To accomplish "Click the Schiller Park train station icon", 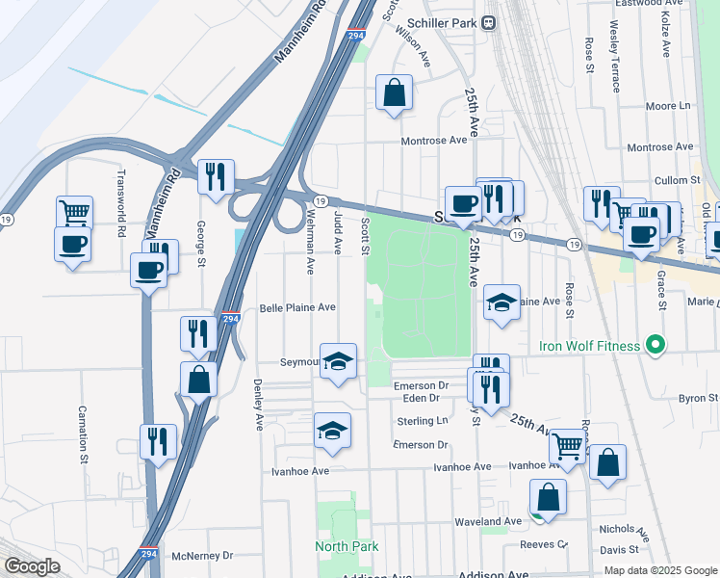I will [489, 22].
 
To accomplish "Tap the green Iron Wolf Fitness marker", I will [656, 345].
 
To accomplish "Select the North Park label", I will [347, 546].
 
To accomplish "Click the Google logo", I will [31, 566].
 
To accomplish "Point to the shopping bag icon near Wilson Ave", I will [394, 93].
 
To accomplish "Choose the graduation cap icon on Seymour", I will [338, 361].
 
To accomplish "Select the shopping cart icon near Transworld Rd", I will [74, 211].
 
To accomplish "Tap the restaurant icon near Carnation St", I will [158, 441].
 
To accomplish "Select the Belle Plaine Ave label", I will [297, 308].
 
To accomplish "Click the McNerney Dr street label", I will [202, 555].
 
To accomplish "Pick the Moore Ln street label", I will [669, 106].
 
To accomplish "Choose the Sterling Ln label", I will [423, 421].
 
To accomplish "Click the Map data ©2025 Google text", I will [659, 570].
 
